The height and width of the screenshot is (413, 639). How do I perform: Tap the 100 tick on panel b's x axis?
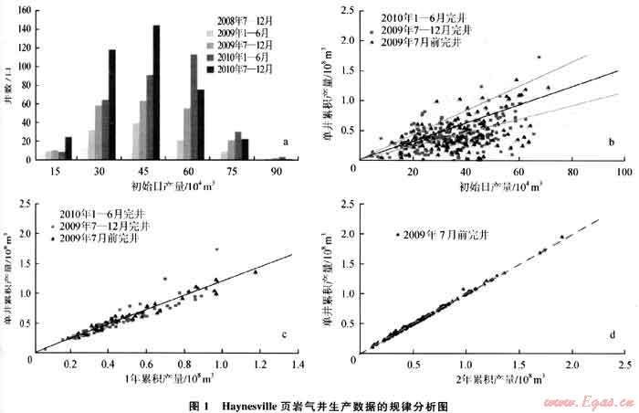[624, 172]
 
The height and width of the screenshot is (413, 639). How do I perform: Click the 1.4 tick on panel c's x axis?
[298, 364]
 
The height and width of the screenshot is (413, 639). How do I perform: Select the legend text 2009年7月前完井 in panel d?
[448, 235]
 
